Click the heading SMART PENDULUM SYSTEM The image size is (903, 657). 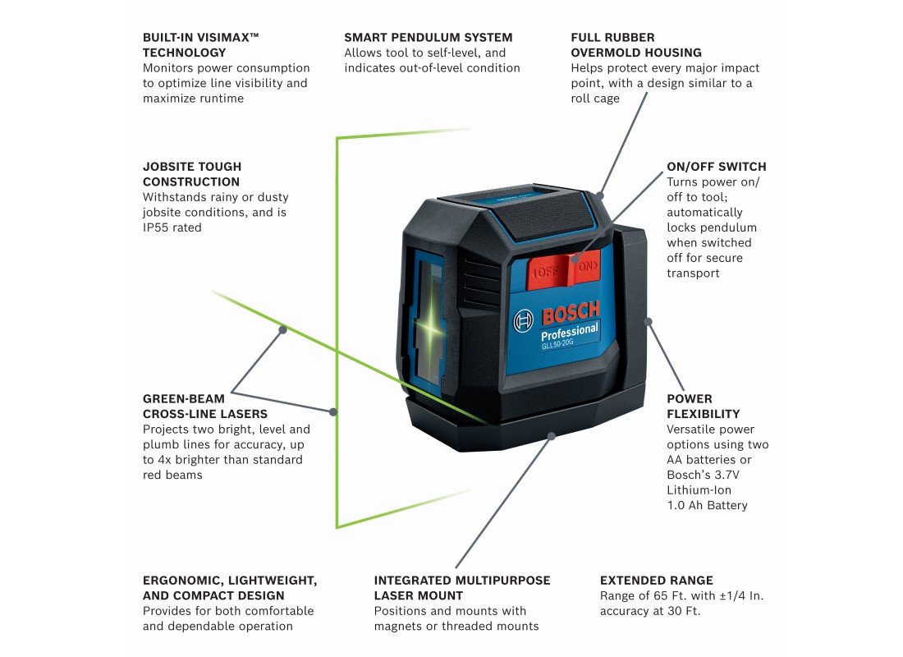pyautogui.click(x=428, y=37)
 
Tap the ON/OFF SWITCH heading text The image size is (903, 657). pyautogui.click(x=716, y=166)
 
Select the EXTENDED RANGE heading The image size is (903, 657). pyautogui.click(x=656, y=580)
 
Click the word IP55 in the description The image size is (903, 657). pyautogui.click(x=158, y=227)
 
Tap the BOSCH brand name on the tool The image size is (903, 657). pyautogui.click(x=570, y=312)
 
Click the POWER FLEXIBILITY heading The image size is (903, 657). pyautogui.click(x=703, y=407)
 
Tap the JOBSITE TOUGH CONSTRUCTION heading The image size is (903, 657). pyautogui.click(x=191, y=174)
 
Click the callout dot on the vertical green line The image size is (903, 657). pyautogui.click(x=333, y=411)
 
